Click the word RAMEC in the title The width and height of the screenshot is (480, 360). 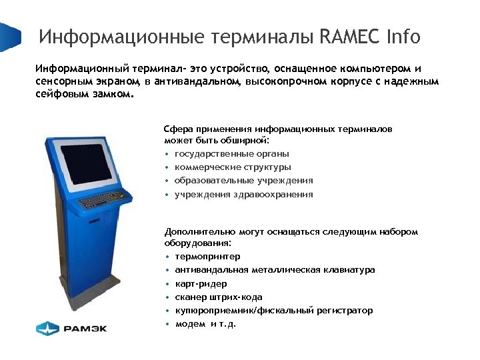coord(349,37)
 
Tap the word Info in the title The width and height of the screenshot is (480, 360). coord(403,37)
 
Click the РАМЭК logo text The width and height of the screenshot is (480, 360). coord(85,327)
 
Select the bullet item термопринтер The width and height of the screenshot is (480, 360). coord(207,257)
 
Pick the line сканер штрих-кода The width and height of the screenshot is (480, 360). coord(219,297)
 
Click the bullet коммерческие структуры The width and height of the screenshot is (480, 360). coord(233,167)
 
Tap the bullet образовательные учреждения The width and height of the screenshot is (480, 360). coord(243,181)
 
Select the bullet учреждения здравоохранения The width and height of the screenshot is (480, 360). coord(243,195)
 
